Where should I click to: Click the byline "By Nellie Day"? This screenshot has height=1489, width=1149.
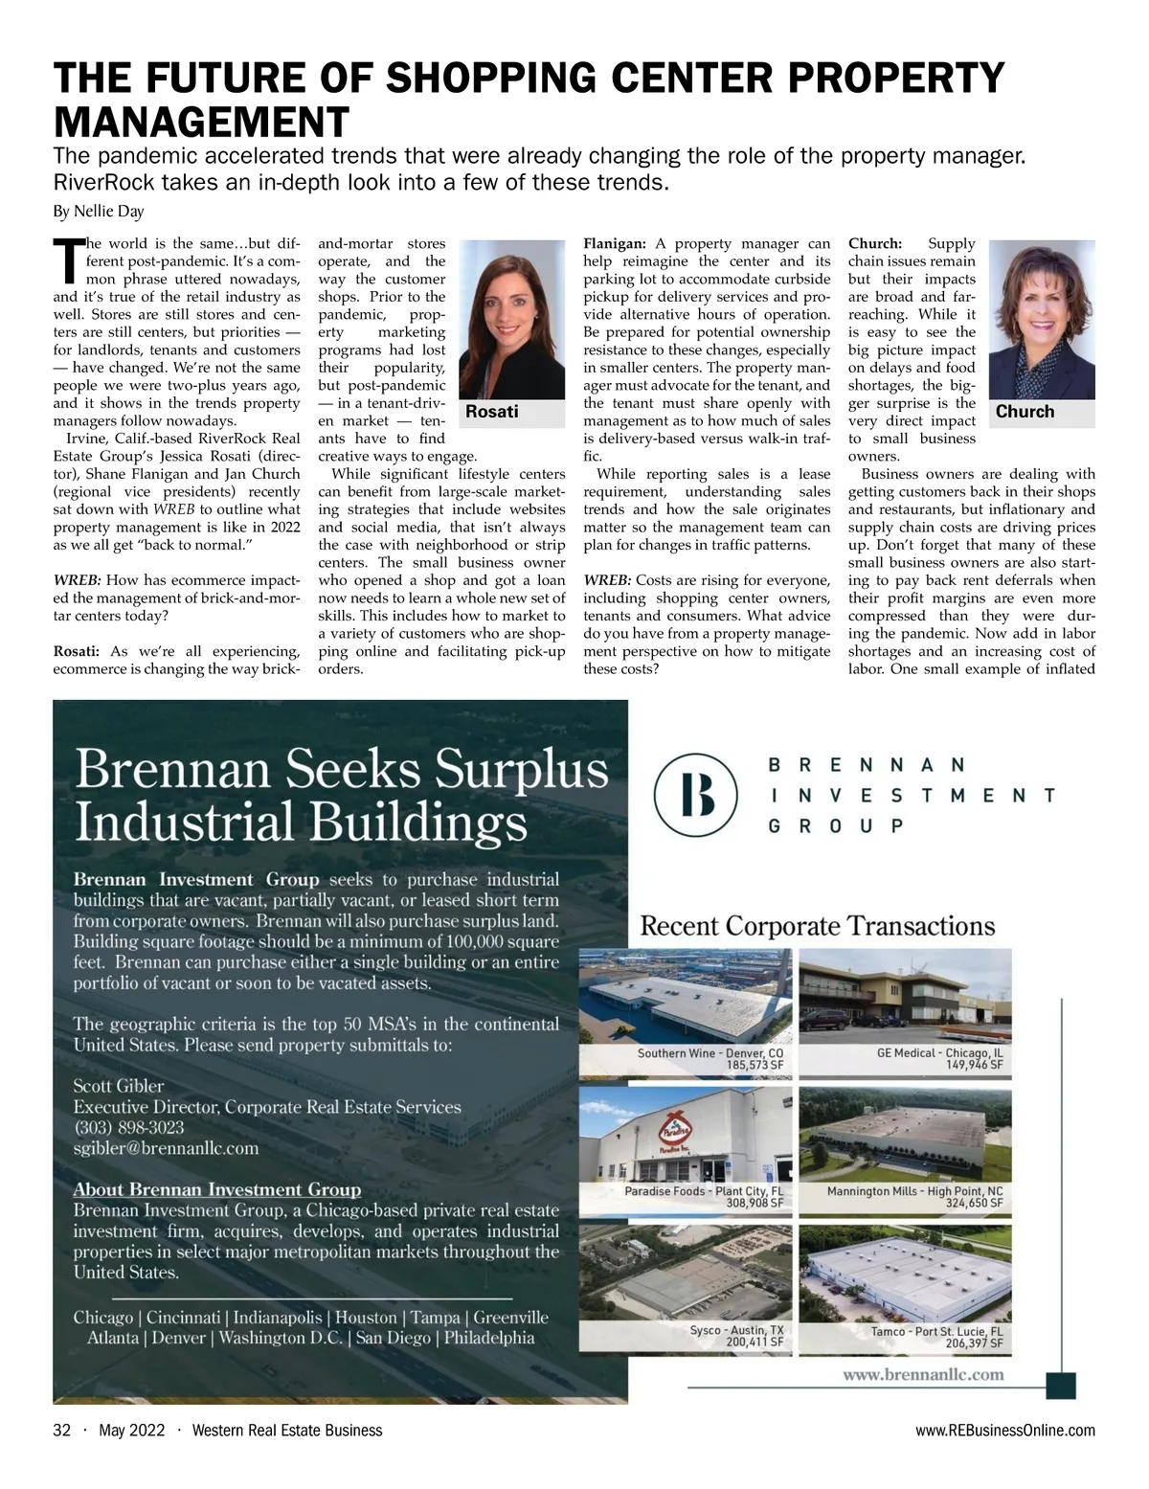click(x=99, y=212)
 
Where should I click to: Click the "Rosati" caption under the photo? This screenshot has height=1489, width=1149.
click(x=491, y=412)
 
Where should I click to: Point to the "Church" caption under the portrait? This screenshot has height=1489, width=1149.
click(x=1025, y=412)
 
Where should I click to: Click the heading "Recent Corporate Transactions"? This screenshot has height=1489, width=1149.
click(x=817, y=926)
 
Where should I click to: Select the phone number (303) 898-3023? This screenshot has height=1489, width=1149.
click(x=129, y=1127)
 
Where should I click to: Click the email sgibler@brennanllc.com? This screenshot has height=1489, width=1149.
click(x=166, y=1148)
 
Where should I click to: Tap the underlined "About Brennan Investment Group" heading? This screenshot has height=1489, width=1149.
click(x=217, y=1190)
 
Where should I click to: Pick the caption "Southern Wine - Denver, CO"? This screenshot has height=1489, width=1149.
click(x=710, y=1052)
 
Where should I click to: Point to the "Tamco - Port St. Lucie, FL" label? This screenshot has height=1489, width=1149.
click(x=936, y=1331)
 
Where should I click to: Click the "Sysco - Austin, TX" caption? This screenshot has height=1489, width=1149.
click(x=736, y=1330)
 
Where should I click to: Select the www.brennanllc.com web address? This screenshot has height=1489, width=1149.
click(x=923, y=1374)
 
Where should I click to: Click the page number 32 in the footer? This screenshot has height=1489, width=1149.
click(x=62, y=1431)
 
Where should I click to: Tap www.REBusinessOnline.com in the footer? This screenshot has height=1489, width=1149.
click(x=1004, y=1431)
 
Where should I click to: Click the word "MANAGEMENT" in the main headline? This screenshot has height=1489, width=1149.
click(x=201, y=123)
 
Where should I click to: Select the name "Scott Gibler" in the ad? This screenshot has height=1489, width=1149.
click(x=119, y=1086)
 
